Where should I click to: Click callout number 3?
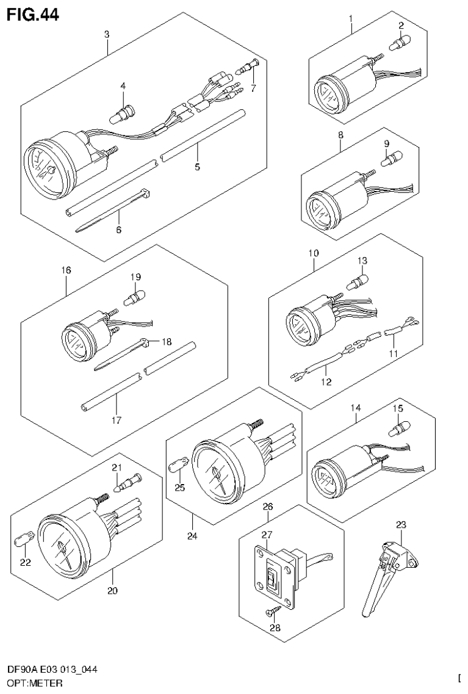click(106, 34)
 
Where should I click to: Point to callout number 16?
click(67, 269)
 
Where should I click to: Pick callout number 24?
click(192, 537)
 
